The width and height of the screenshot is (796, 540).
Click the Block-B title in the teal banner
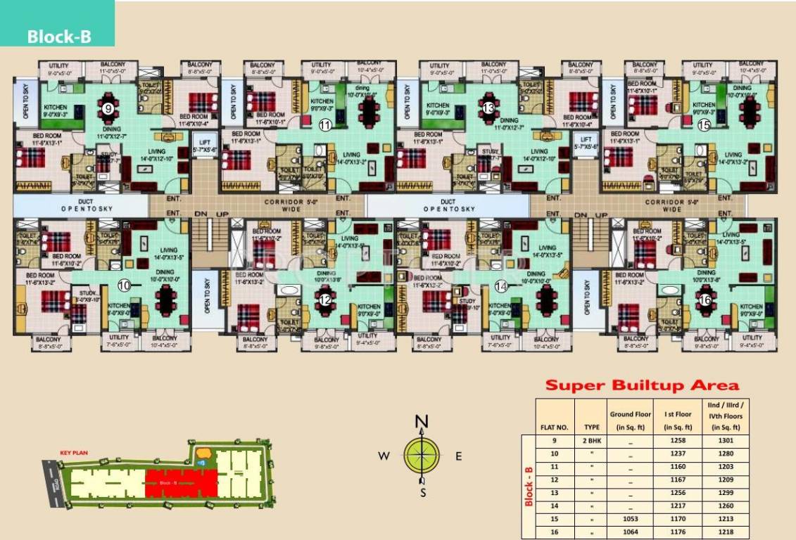59,37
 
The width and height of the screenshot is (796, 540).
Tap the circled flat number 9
108,108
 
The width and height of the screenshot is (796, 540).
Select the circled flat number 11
324,124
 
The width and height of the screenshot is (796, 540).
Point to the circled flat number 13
488,108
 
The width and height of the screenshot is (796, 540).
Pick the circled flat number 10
124,285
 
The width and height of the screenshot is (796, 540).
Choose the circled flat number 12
325,299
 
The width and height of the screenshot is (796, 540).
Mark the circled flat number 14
501,285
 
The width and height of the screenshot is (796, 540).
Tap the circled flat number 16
705,299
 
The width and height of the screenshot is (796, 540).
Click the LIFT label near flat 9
203,142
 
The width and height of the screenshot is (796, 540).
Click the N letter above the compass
422,422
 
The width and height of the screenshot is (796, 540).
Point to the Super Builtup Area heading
643,385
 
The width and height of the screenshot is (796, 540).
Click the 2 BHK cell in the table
591,440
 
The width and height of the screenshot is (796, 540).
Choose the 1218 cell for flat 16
724,533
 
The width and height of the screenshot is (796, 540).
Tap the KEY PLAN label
73,454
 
